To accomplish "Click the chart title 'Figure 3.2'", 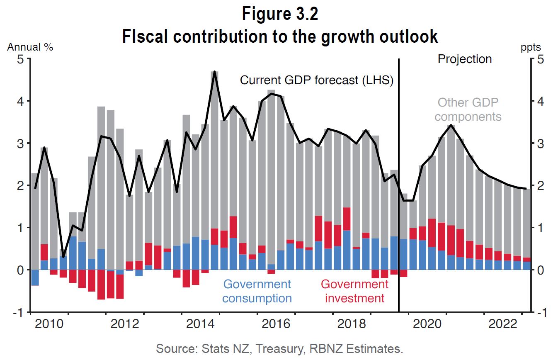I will pos(280,14).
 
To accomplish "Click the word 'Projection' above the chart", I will pos(465,59).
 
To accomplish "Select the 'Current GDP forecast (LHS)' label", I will pos(317,80).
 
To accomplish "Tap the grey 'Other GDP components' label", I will pos(468,109).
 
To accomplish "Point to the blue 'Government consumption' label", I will pos(257,291).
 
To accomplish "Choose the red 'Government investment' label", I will pos(354,291).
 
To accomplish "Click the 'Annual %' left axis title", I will pos(30,47).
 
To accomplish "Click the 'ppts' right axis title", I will pos(531,47).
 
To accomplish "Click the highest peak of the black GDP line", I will pos(214,72).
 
